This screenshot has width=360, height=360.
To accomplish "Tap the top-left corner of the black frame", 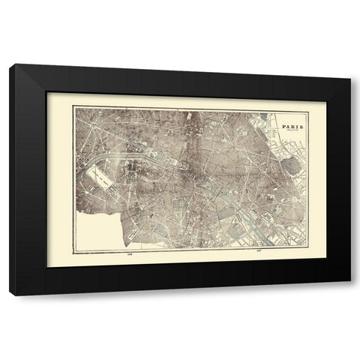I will click(x=10, y=64).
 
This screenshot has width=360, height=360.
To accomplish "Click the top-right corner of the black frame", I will click(x=352, y=64).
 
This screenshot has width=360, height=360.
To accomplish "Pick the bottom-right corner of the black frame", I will click(x=352, y=295).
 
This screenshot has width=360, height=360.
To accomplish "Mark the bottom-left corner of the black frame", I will click(x=10, y=295).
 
